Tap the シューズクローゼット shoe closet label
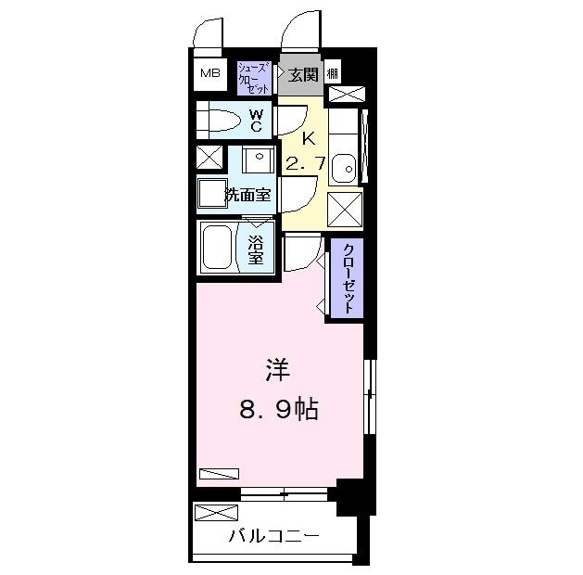(254, 76)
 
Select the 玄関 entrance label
(301, 75)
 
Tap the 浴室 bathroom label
(256, 248)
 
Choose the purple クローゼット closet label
(348, 278)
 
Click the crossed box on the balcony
(216, 512)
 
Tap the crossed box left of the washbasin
(209, 158)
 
